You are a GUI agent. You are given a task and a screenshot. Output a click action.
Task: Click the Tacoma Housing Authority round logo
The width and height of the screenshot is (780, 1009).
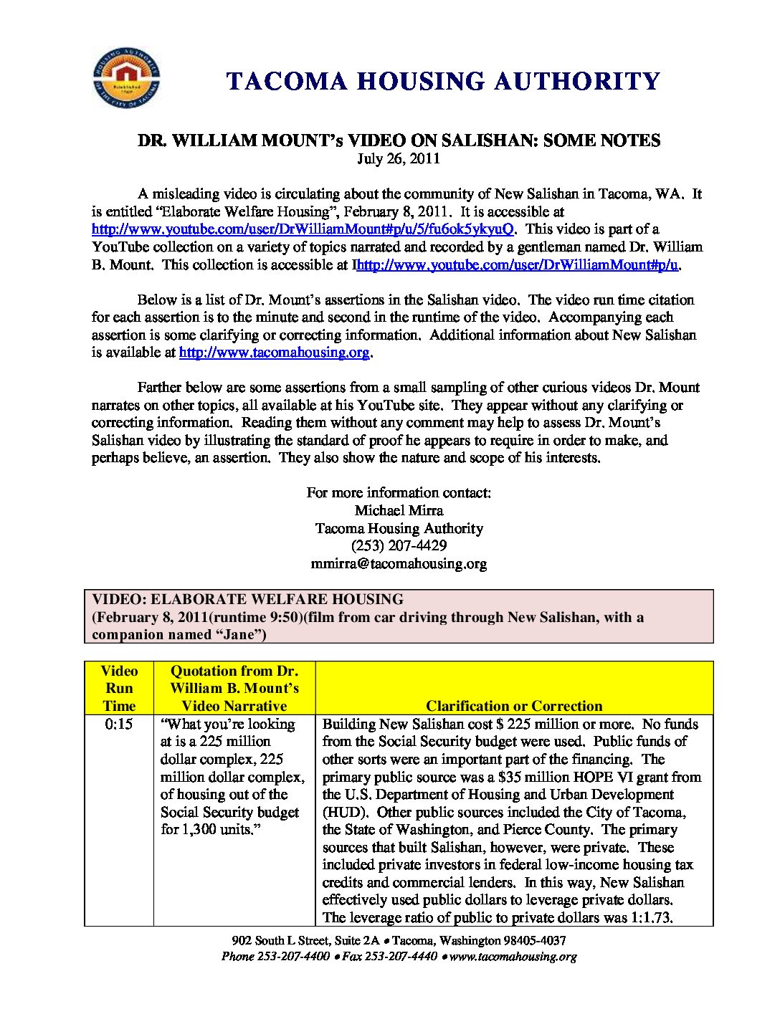[x=127, y=78]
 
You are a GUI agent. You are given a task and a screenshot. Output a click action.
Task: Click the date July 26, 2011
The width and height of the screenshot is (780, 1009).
[x=399, y=158]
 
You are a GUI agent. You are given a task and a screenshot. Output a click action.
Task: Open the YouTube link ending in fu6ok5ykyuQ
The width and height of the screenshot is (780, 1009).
[x=303, y=229]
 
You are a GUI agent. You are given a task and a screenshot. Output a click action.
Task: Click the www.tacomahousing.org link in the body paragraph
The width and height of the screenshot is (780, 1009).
[x=274, y=353]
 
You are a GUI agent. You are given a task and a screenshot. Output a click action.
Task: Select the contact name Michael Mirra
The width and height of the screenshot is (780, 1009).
[x=399, y=511]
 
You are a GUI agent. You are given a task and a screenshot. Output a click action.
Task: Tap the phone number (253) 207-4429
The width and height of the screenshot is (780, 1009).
[x=399, y=546]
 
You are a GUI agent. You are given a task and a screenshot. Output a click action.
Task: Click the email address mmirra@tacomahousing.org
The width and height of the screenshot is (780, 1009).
[x=399, y=564]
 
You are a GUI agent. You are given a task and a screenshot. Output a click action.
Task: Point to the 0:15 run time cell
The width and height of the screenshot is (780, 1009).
[x=119, y=725]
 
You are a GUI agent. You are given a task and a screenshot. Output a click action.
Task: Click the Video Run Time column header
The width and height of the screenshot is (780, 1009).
[x=119, y=688]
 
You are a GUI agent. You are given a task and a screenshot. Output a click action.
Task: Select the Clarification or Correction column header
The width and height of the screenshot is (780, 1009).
[x=514, y=706]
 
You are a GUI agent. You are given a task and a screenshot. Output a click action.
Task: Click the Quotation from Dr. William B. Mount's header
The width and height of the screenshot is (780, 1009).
[x=234, y=688]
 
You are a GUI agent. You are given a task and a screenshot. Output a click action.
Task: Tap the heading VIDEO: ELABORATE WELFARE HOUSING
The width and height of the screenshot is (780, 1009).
[x=248, y=600]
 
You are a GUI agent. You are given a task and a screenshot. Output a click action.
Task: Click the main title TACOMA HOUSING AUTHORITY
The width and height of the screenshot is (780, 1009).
[x=443, y=81]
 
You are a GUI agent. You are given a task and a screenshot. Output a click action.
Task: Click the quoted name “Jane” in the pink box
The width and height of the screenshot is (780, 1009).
[x=238, y=635]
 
